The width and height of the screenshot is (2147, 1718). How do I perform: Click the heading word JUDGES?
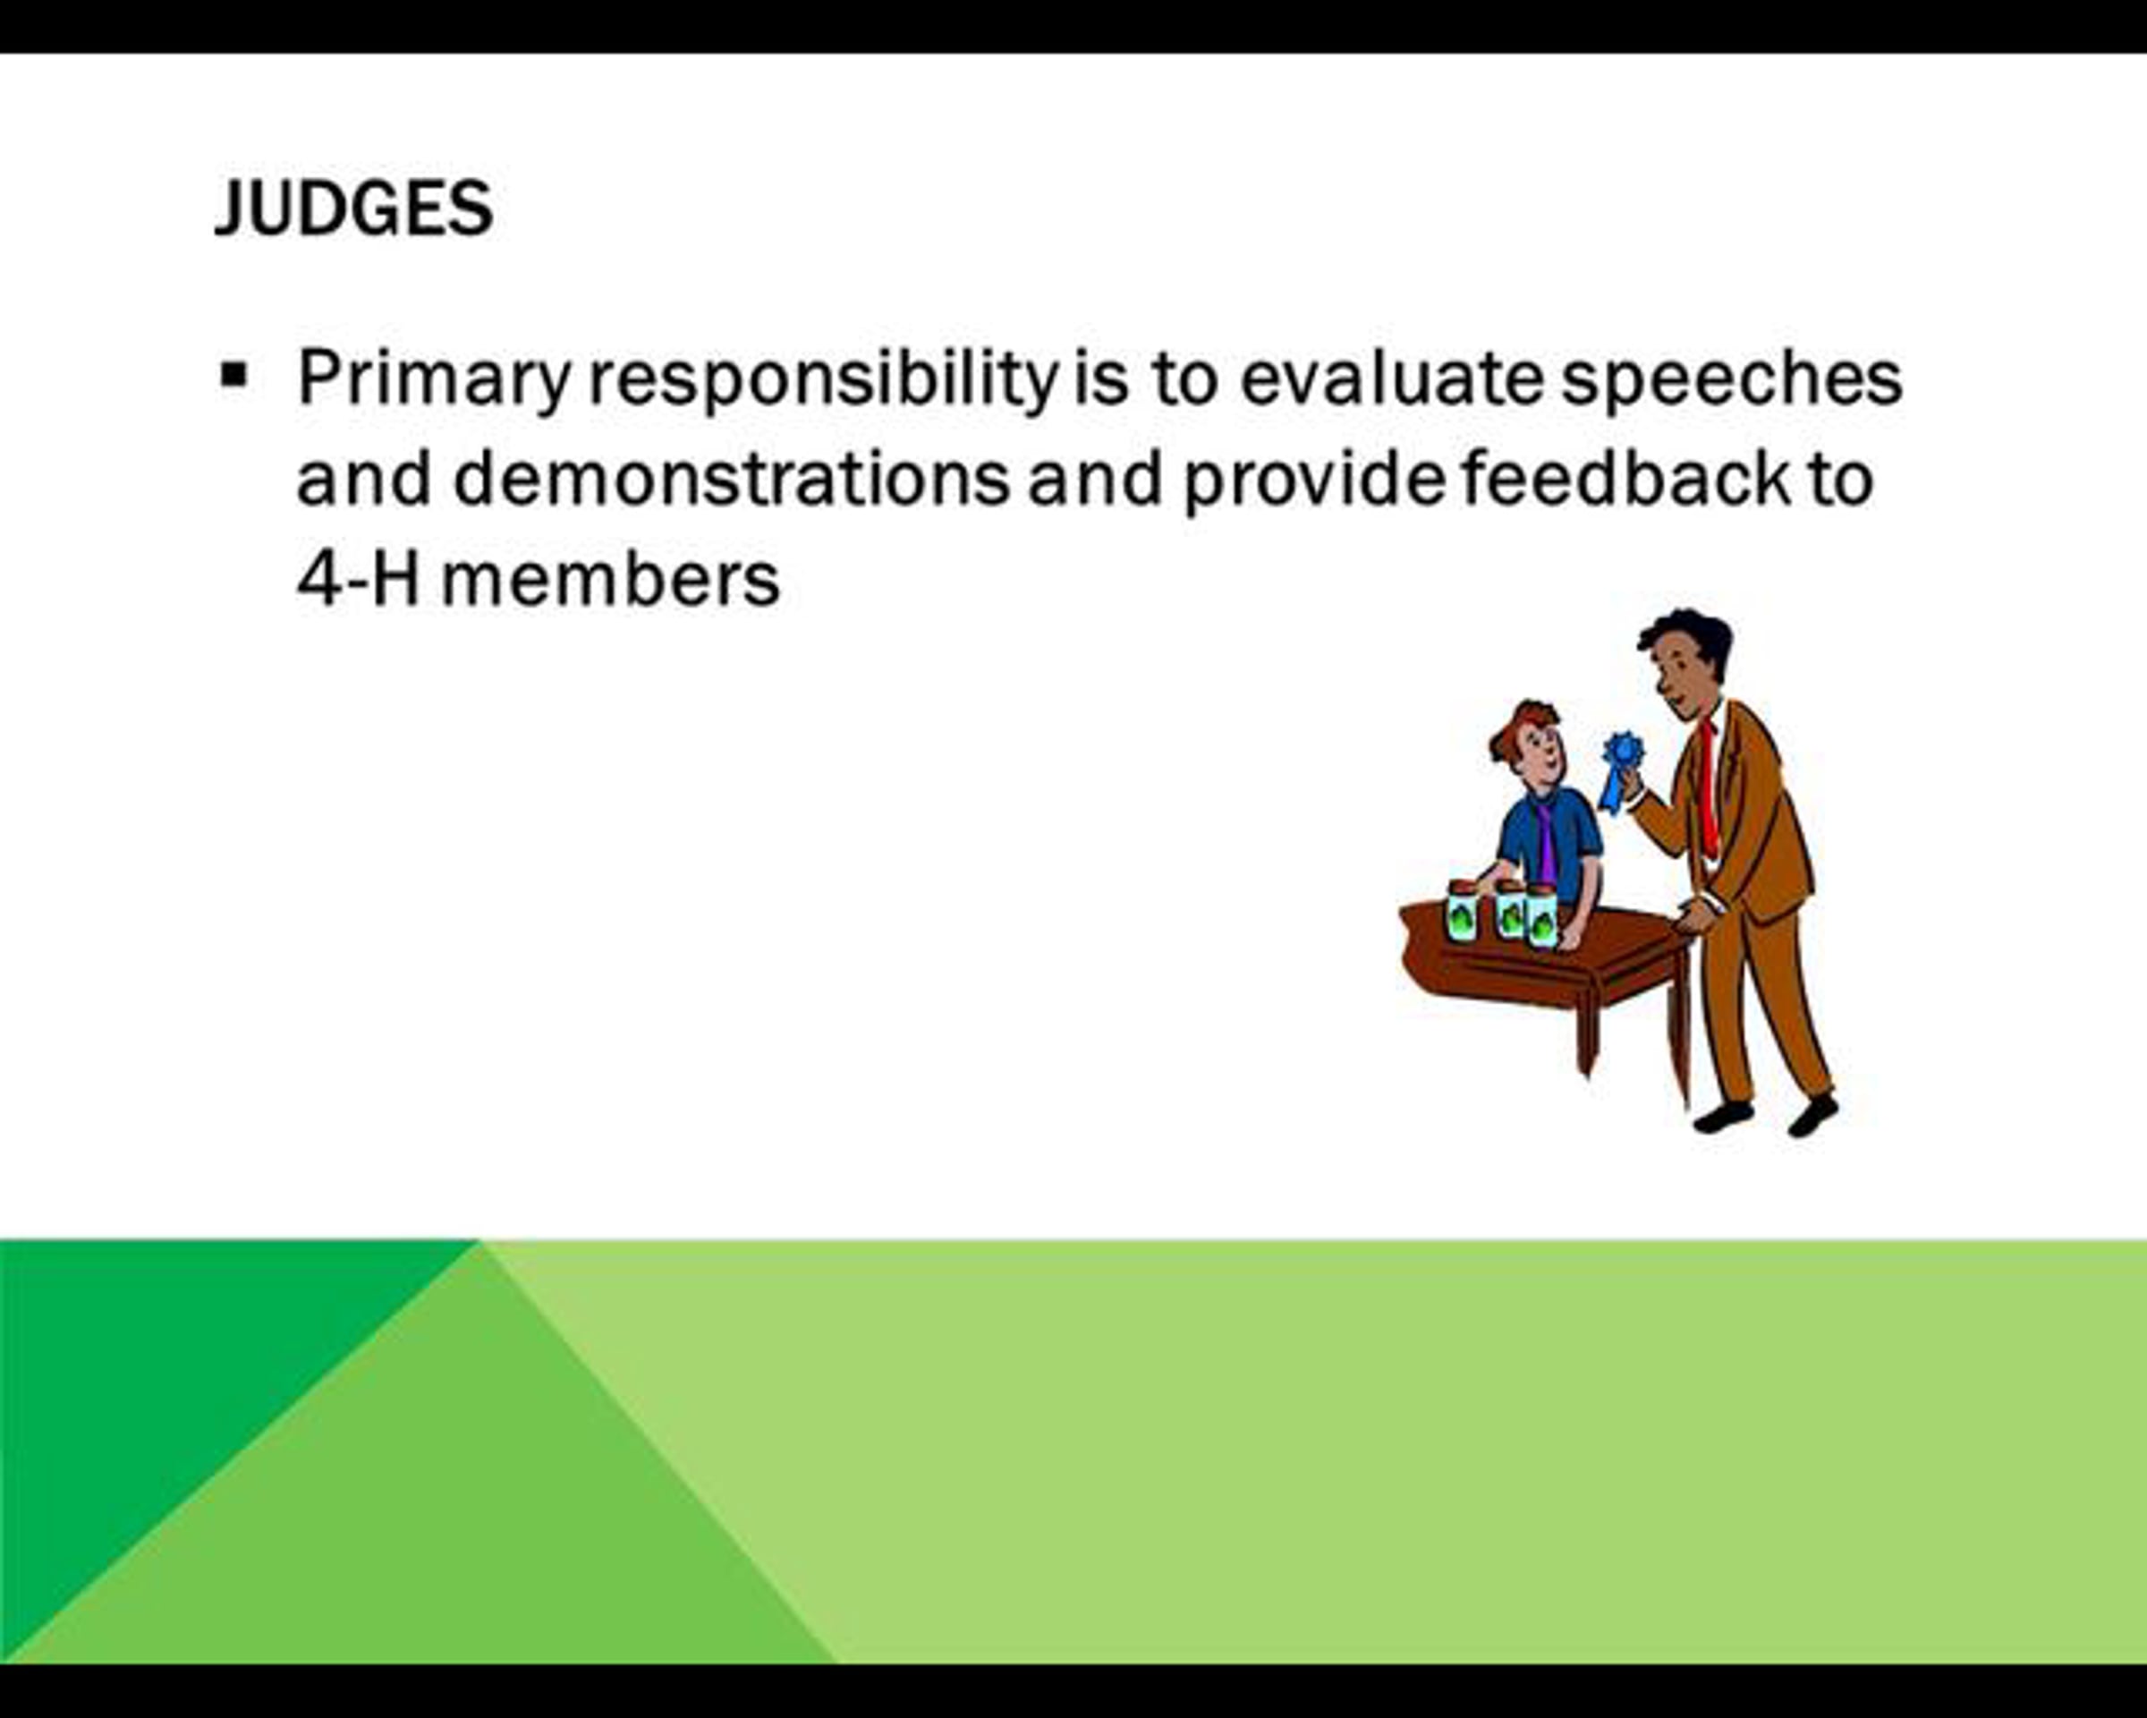[353, 208]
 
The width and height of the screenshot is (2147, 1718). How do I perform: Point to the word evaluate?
[1391, 378]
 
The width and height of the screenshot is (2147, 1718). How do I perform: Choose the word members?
[610, 580]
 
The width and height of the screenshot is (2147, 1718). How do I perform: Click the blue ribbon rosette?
[1620, 770]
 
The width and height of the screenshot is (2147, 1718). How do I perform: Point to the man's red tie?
[1708, 787]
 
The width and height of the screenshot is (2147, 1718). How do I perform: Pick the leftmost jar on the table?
[1462, 910]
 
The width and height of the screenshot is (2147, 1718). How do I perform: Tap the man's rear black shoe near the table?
[1724, 1117]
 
